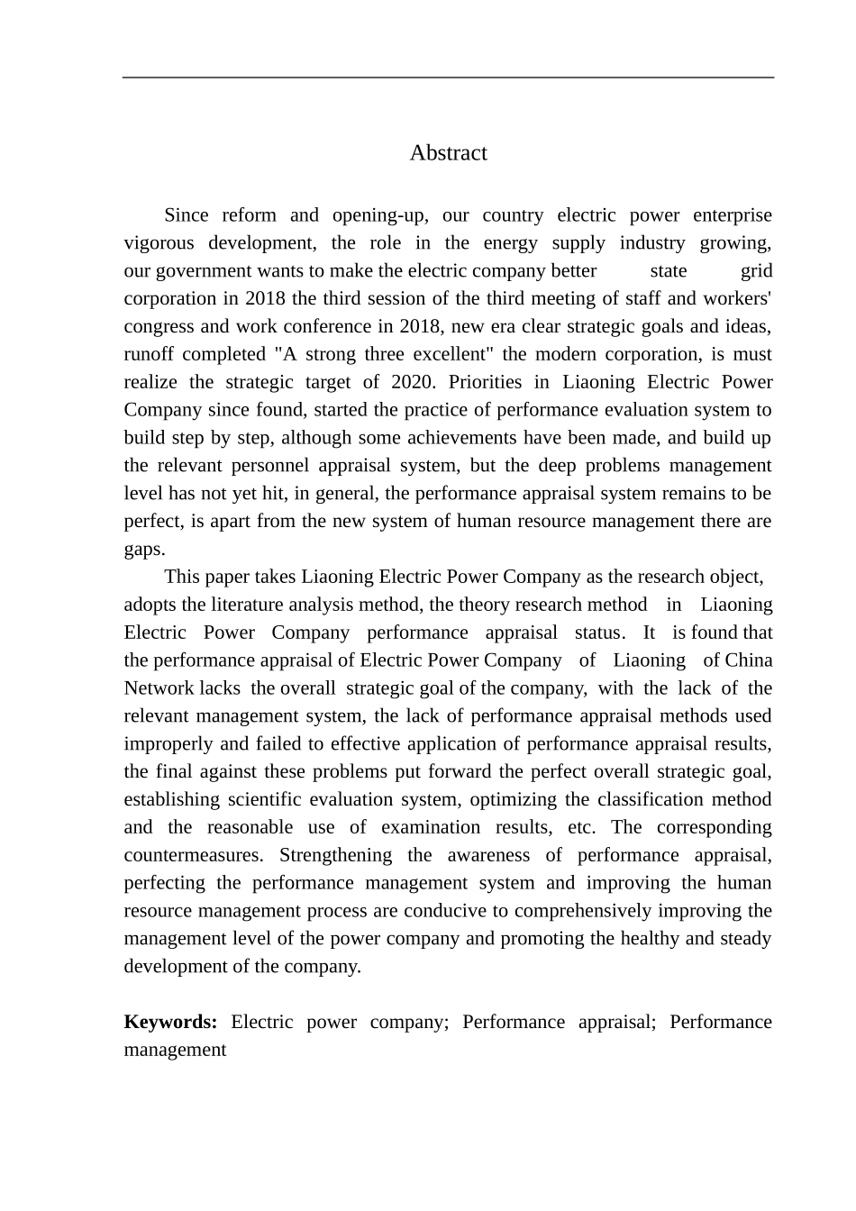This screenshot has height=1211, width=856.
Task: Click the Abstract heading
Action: coord(448,153)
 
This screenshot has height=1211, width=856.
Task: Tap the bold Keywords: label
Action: coord(170,1022)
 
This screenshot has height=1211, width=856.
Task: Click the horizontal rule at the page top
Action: coord(448,77)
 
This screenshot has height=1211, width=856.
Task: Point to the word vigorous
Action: coord(159,243)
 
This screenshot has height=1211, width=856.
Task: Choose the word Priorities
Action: coord(496,382)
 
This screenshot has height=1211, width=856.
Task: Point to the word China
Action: coord(749,660)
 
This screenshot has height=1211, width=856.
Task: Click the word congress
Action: coord(156,326)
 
